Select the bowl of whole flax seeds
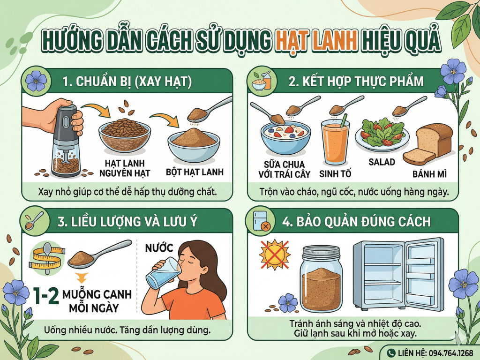point(124,136)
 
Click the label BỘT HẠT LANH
point(195,172)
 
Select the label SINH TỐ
point(335,174)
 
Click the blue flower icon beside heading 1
point(36,81)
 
